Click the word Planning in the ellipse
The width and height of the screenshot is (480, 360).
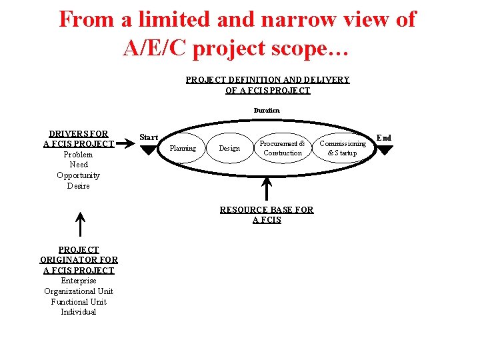tap(183, 148)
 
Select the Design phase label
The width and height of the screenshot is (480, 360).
tap(229, 148)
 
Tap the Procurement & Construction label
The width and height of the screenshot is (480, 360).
tap(283, 148)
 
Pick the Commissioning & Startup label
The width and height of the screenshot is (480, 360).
tap(343, 148)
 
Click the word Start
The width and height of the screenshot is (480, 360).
tap(149, 137)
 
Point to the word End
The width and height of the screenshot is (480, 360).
tap(384, 138)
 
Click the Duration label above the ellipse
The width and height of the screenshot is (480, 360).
tap(267, 110)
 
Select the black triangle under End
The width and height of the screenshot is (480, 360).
tap(385, 151)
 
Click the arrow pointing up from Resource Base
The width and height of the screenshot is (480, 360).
tap(267, 188)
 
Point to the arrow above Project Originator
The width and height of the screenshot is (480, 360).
tap(79, 225)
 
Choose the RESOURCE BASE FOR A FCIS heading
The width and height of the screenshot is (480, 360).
tap(267, 215)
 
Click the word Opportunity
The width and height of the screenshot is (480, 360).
tap(79, 175)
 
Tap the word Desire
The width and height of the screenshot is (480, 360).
tap(79, 186)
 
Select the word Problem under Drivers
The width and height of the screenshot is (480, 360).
tap(79, 155)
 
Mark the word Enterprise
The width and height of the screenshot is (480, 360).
tap(79, 281)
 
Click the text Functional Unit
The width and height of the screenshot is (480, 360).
tap(79, 301)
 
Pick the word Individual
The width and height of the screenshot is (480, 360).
tap(79, 312)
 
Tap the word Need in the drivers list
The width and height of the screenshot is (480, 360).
tap(79, 165)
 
